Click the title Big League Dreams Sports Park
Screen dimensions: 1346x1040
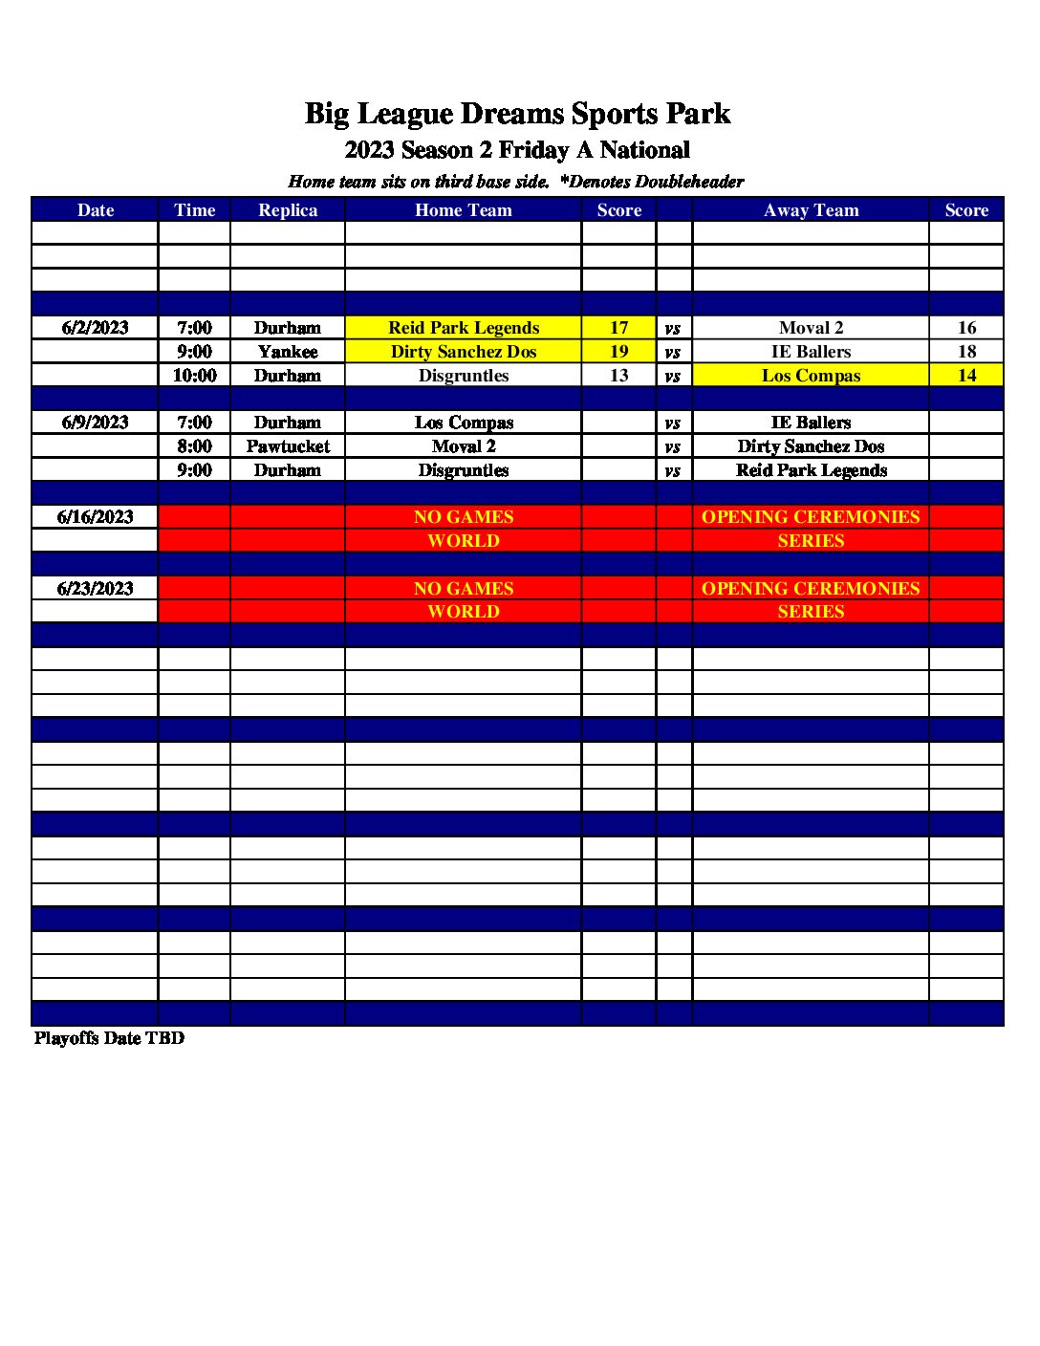(517, 114)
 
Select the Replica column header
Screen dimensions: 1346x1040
(288, 210)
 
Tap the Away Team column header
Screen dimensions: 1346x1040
(811, 210)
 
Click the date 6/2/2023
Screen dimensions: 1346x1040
(95, 328)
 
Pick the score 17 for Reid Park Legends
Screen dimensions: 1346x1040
(618, 328)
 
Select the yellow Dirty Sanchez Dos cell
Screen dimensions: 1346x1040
(464, 352)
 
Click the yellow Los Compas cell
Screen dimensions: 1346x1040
(811, 376)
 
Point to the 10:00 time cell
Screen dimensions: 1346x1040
(194, 376)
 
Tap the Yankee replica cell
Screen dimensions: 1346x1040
(288, 352)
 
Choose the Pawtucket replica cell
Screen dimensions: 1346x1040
(288, 446)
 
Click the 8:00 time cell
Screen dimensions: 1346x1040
(194, 446)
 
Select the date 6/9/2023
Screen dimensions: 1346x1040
(95, 423)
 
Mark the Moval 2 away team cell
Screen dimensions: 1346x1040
(811, 328)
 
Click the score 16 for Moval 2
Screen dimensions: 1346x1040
(966, 328)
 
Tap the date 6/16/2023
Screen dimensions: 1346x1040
(95, 517)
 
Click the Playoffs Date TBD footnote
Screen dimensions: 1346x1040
(109, 1038)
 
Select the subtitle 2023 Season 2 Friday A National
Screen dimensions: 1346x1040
(517, 150)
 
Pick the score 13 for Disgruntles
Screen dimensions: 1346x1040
(618, 376)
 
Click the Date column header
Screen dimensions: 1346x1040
(95, 210)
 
